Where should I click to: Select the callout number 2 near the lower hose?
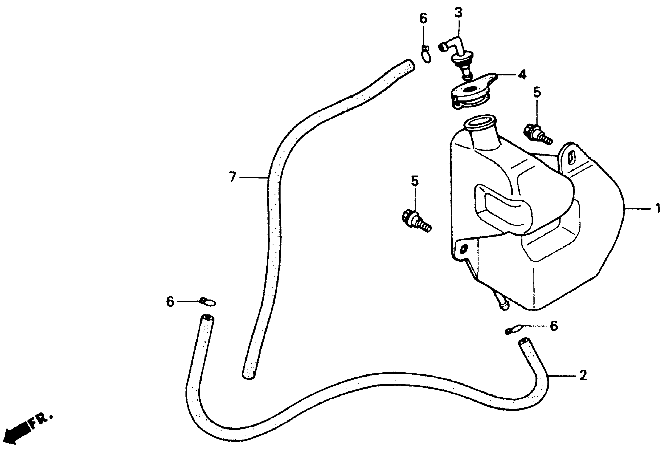click(583, 375)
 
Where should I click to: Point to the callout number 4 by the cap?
click(522, 75)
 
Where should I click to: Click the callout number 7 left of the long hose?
click(232, 177)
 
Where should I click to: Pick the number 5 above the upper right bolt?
click(537, 92)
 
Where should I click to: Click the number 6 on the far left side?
click(170, 302)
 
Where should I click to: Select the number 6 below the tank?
click(554, 326)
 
